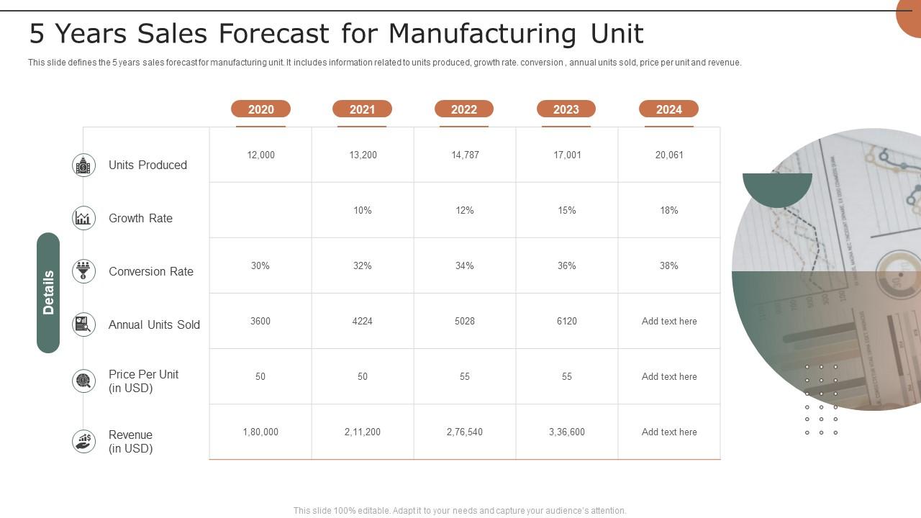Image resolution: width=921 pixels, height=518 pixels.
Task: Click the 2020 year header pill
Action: pos(260,109)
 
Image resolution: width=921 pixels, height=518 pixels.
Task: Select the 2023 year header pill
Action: pos(566,109)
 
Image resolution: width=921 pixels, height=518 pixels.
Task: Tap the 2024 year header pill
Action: pos(668,109)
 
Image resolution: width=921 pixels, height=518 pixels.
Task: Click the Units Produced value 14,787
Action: pos(465,155)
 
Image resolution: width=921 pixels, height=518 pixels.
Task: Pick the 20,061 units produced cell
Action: pos(669,155)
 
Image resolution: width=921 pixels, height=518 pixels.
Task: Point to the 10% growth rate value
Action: pos(363,210)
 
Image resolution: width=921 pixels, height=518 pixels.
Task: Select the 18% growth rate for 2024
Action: pos(669,210)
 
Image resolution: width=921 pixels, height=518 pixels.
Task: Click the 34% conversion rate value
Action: pos(465,265)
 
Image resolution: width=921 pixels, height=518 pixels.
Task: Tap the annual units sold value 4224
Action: pos(363,321)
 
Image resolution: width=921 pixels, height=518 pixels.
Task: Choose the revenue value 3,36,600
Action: pos(567,432)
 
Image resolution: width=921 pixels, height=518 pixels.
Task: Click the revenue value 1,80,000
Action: pos(260,432)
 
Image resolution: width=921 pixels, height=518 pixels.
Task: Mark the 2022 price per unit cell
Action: pos(465,376)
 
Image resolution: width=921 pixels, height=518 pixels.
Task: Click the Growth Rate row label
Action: pos(140,218)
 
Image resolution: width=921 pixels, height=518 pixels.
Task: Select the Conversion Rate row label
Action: pos(151,271)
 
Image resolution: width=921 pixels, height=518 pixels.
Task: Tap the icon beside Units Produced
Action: pos(84,165)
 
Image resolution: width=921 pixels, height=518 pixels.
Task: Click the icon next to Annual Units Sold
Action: pos(84,324)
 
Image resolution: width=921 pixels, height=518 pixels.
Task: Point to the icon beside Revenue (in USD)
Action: pos(84,441)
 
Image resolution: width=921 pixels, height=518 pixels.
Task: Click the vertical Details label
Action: pos(48,293)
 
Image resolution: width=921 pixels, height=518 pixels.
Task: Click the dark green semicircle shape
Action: pos(777,188)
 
